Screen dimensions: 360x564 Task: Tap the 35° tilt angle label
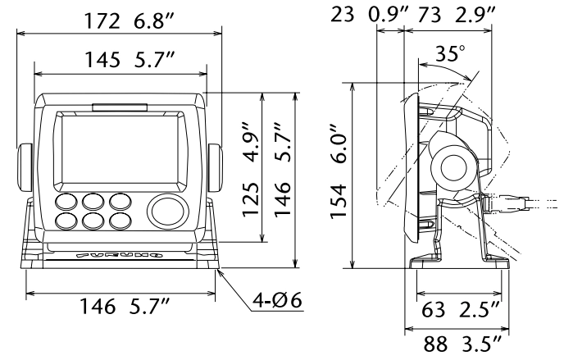coord(450,55)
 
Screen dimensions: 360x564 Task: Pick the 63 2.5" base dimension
coord(460,310)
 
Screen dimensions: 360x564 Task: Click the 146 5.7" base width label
coord(124,308)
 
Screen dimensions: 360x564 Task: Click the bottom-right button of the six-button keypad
coord(120,221)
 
